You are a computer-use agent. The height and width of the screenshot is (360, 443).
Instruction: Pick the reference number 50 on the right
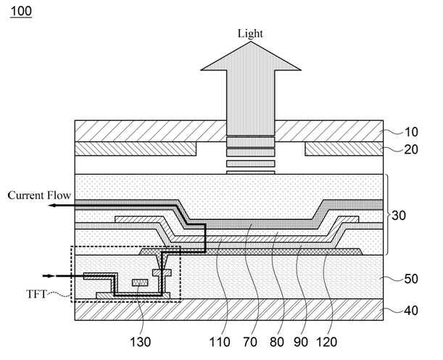(411, 279)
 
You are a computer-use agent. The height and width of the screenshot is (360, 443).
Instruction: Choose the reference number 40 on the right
(411, 311)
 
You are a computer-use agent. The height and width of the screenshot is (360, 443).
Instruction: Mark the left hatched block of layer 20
(136, 148)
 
